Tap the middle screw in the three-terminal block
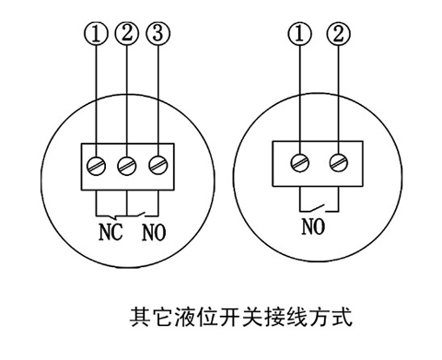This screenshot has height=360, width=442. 127,166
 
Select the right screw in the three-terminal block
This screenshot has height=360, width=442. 157,166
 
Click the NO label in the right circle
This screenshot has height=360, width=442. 312,223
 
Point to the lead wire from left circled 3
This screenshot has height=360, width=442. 157,101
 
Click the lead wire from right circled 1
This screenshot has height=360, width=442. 298,101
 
